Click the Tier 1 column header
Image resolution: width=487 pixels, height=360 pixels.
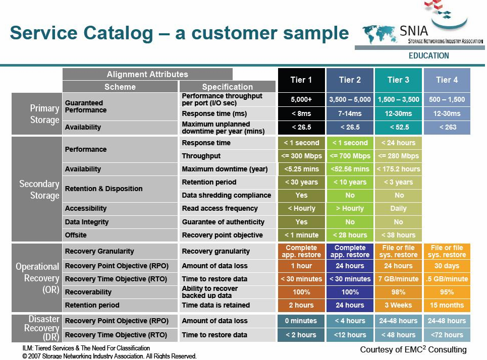tap(301, 80)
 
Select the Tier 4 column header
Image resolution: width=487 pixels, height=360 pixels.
tap(447, 80)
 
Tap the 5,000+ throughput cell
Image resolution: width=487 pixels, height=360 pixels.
tap(301, 100)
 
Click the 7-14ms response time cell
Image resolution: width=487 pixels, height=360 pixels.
tap(350, 113)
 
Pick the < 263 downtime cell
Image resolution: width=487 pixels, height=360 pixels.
tap(447, 127)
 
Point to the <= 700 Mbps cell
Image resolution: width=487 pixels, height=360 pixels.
tap(350, 156)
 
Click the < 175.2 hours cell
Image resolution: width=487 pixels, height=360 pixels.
tap(399, 169)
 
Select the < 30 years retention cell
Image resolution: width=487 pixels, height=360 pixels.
tap(301, 182)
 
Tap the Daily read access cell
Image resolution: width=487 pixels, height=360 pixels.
tap(399, 208)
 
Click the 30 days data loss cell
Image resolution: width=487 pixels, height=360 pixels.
tap(447, 266)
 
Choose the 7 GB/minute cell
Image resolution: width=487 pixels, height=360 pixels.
tap(399, 279)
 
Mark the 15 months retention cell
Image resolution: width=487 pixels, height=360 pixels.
tap(447, 306)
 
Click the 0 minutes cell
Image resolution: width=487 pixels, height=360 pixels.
tap(301, 321)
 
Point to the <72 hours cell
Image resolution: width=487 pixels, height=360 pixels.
tap(447, 335)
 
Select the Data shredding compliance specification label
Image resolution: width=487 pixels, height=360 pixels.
tap(227, 195)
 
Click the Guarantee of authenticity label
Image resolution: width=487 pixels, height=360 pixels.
tap(223, 222)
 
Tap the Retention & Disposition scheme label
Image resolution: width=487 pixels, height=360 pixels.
tap(104, 189)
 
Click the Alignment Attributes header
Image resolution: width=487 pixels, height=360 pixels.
tap(147, 75)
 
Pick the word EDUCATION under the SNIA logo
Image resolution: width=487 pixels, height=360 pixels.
tap(428, 56)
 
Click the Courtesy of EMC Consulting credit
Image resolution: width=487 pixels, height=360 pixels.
tap(413, 349)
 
